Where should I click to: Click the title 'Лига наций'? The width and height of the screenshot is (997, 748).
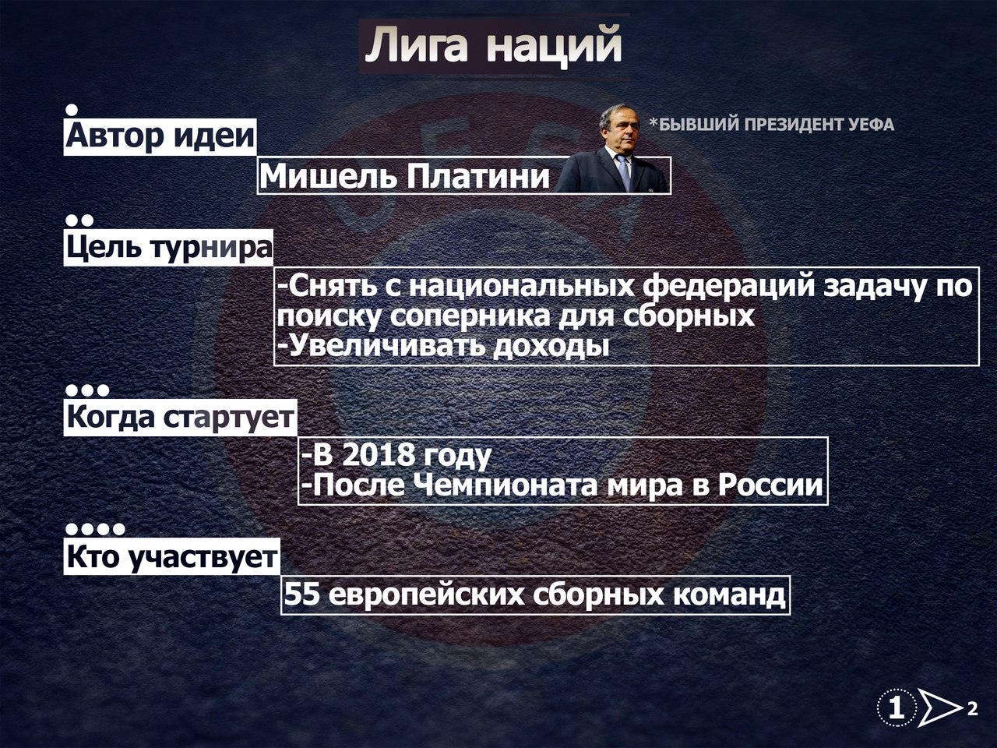click(493, 45)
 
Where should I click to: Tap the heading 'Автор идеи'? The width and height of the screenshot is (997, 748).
click(160, 136)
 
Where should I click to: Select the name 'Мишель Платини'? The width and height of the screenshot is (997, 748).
click(404, 176)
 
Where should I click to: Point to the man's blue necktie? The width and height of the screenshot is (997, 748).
click(624, 171)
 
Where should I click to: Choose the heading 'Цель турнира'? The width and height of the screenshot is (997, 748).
click(169, 248)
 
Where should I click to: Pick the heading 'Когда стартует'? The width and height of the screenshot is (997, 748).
click(180, 418)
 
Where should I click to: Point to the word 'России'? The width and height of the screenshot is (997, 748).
click(770, 485)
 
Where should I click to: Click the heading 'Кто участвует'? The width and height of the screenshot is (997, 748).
click(171, 556)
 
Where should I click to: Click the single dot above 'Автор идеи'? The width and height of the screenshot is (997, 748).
click(72, 110)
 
